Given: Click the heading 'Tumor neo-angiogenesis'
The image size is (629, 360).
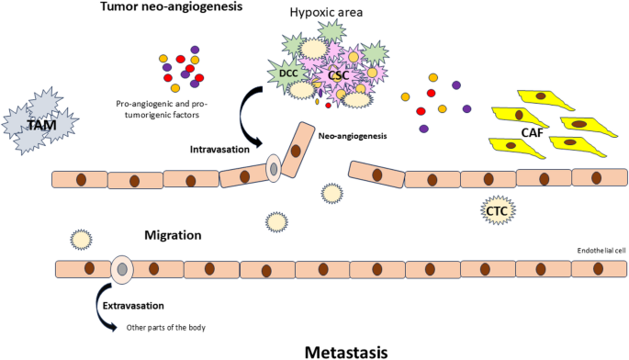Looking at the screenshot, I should click(172, 8).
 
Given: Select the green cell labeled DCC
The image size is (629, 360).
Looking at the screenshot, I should click(286, 71).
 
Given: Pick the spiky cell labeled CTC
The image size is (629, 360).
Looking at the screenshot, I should click(498, 212).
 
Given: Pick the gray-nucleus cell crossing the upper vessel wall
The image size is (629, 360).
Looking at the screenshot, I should click(273, 168).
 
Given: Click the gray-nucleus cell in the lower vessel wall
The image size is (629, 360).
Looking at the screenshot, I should click(121, 269).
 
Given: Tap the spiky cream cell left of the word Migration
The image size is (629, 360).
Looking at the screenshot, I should click(81, 240).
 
